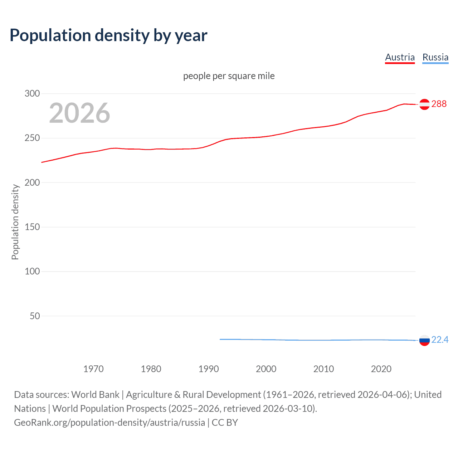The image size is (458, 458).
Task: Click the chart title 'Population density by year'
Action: tap(108, 35)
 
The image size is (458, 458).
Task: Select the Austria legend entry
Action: tap(400, 57)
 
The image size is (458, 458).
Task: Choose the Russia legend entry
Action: tap(435, 57)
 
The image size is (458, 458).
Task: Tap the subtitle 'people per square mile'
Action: tap(229, 76)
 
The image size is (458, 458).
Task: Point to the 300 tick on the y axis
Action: tap(32, 94)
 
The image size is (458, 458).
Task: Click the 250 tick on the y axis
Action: tap(32, 138)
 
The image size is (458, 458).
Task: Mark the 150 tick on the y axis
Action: tap(32, 227)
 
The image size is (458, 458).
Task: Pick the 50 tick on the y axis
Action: tap(35, 316)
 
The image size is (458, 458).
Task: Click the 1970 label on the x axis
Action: tap(93, 369)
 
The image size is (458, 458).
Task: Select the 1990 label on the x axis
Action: tap(209, 369)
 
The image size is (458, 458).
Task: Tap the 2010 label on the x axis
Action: tap(323, 369)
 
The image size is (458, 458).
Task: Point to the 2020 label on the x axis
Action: tap(381, 369)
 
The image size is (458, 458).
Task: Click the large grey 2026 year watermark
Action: tap(79, 113)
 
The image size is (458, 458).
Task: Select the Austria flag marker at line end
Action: tap(424, 104)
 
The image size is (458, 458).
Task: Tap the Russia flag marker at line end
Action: tap(424, 340)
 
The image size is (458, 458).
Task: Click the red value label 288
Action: tap(439, 104)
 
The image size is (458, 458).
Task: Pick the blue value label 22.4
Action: tap(440, 340)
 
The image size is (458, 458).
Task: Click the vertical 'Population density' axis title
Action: tap(15, 222)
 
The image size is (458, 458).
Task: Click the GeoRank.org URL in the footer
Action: tap(109, 423)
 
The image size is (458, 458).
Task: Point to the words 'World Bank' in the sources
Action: tap(95, 395)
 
